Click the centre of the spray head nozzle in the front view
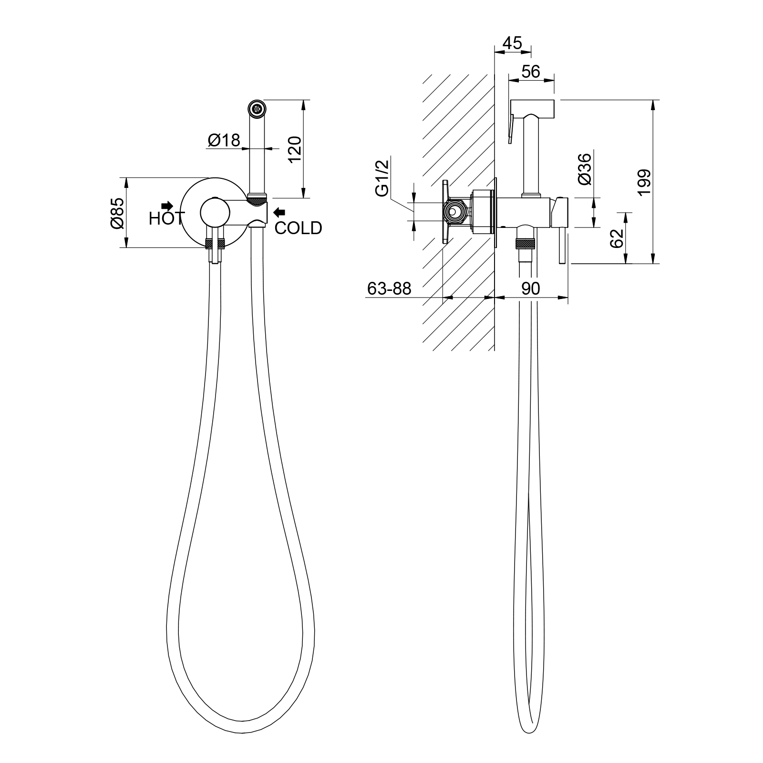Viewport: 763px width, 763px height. point(258,108)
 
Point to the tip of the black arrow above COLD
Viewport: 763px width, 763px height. point(274,212)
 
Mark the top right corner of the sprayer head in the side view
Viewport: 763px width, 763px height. point(555,100)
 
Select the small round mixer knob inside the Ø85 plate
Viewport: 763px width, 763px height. point(215,212)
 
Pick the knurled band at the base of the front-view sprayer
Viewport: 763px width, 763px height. point(258,196)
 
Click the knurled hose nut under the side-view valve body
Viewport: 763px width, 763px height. point(526,245)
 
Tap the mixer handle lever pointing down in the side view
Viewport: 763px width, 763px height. point(563,246)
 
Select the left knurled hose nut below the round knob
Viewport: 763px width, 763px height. point(208,244)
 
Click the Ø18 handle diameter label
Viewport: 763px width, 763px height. point(224,140)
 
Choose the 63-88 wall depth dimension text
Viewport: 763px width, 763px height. point(389,289)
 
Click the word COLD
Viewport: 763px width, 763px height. point(299,228)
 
